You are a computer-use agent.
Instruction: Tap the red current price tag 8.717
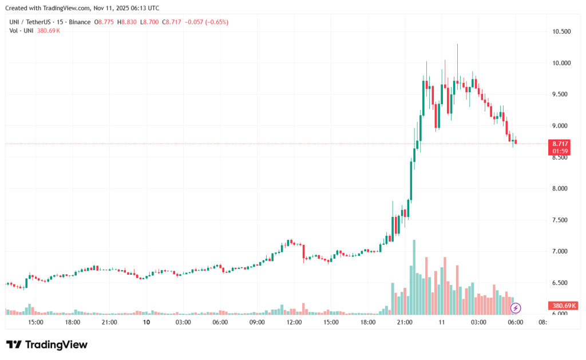click(560, 144)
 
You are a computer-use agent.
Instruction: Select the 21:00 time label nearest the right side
click(405, 322)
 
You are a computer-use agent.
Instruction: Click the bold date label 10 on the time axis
click(146, 322)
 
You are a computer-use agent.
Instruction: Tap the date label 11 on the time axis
click(442, 322)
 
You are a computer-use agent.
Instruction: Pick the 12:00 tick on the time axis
click(294, 322)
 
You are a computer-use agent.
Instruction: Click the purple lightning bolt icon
click(516, 308)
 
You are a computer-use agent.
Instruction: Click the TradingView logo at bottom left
click(47, 345)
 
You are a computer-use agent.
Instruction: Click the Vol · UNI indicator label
click(21, 30)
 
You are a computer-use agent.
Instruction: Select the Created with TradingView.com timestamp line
click(82, 8)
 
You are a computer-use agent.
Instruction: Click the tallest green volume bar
click(414, 278)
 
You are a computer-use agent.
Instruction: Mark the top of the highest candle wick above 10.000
click(457, 44)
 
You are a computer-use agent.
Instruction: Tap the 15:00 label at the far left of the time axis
click(35, 322)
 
